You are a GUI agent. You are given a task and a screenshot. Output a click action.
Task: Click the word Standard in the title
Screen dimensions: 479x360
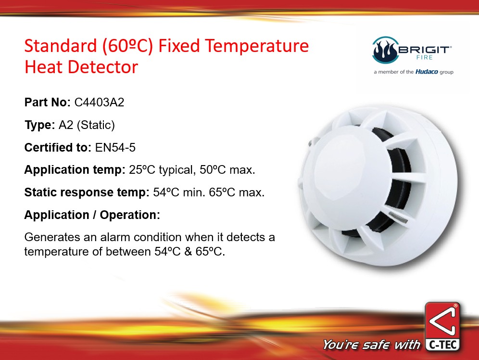61,46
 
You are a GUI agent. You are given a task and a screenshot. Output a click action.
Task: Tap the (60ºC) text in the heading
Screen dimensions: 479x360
128,47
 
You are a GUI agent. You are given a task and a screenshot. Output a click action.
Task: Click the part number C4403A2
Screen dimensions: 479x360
99,103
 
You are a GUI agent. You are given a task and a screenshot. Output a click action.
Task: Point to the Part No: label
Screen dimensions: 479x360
47,103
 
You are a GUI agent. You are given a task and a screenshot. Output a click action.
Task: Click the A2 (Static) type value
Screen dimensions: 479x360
87,125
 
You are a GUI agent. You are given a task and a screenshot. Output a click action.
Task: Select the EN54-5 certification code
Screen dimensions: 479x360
115,148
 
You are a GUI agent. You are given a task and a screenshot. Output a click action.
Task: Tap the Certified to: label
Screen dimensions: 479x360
58,148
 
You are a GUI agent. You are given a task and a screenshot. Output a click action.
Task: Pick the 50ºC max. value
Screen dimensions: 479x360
227,169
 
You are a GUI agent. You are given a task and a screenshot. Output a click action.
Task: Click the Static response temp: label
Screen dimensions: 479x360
87,192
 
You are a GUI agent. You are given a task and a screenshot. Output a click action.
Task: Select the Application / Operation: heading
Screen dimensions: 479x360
92,215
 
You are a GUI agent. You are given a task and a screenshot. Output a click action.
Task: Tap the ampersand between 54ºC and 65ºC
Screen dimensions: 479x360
188,252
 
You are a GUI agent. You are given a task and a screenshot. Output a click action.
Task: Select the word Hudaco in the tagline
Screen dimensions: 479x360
427,72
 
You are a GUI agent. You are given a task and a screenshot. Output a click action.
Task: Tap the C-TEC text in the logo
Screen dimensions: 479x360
442,345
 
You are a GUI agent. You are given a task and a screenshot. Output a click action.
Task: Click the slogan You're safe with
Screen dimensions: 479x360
371,345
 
